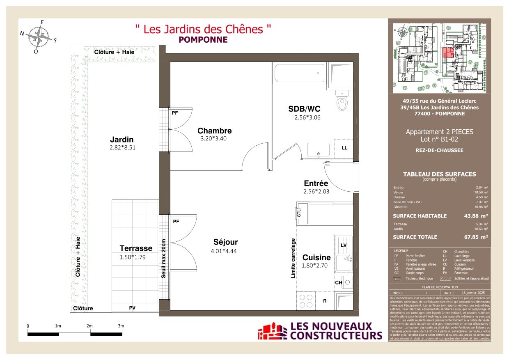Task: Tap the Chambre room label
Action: [x=214, y=131]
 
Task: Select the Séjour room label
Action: [x=225, y=242]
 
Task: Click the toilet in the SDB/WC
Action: [x=342, y=101]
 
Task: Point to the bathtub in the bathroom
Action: [x=299, y=73]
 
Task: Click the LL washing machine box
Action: [x=344, y=148]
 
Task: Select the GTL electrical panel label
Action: [x=299, y=213]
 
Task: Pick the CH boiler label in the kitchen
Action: [x=338, y=282]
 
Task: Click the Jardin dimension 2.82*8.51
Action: [x=122, y=147]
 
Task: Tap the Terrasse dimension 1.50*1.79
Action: [x=133, y=257]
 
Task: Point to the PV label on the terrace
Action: [x=132, y=307]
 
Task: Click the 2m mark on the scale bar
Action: [x=89, y=326]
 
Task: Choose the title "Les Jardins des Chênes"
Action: [x=203, y=30]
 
